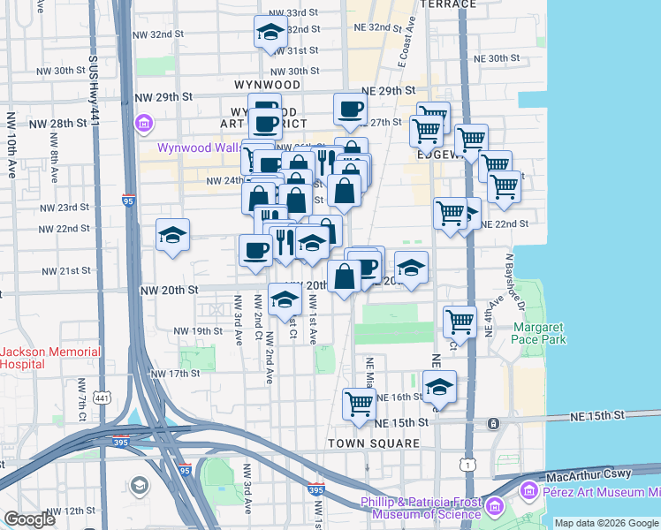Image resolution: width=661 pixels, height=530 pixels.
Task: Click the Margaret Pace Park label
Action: (539, 333)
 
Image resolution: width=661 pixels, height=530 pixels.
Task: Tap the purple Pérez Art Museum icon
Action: (529, 488)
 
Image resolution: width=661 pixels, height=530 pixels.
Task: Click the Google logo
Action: (30, 519)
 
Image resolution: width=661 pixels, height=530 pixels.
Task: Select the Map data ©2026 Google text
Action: (605, 523)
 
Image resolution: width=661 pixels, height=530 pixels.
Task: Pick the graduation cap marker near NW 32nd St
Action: (270, 34)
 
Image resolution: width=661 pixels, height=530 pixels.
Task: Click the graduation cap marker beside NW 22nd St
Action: (172, 235)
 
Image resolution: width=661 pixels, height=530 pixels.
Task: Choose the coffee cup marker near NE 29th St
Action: (350, 110)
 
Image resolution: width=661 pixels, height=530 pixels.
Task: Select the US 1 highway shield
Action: (466, 463)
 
